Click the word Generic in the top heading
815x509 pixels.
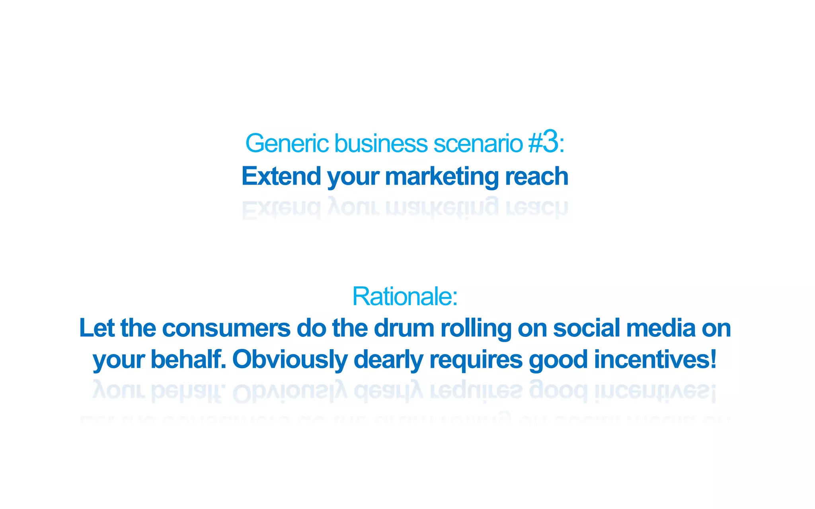pos(287,143)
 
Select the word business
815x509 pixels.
pos(381,143)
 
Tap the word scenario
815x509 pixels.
pos(478,143)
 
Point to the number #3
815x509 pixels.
pos(544,142)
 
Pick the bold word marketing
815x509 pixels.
pos(442,177)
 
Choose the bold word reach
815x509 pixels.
pos(536,176)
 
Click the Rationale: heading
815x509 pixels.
pos(405,296)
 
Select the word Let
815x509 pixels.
pos(97,328)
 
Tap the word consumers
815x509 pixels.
pos(226,329)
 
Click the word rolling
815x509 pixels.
pos(476,329)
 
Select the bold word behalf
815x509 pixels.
pos(188,359)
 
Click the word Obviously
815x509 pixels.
pos(290,360)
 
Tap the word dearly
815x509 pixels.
pos(388,360)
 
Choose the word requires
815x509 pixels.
pos(476,360)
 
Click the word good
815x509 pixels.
pos(558,360)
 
